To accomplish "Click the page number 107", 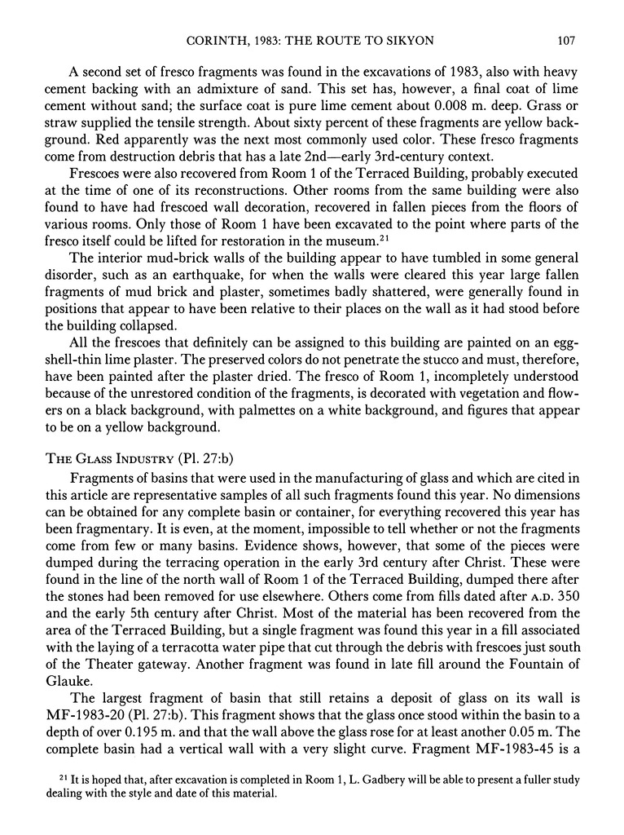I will tap(568, 38).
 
